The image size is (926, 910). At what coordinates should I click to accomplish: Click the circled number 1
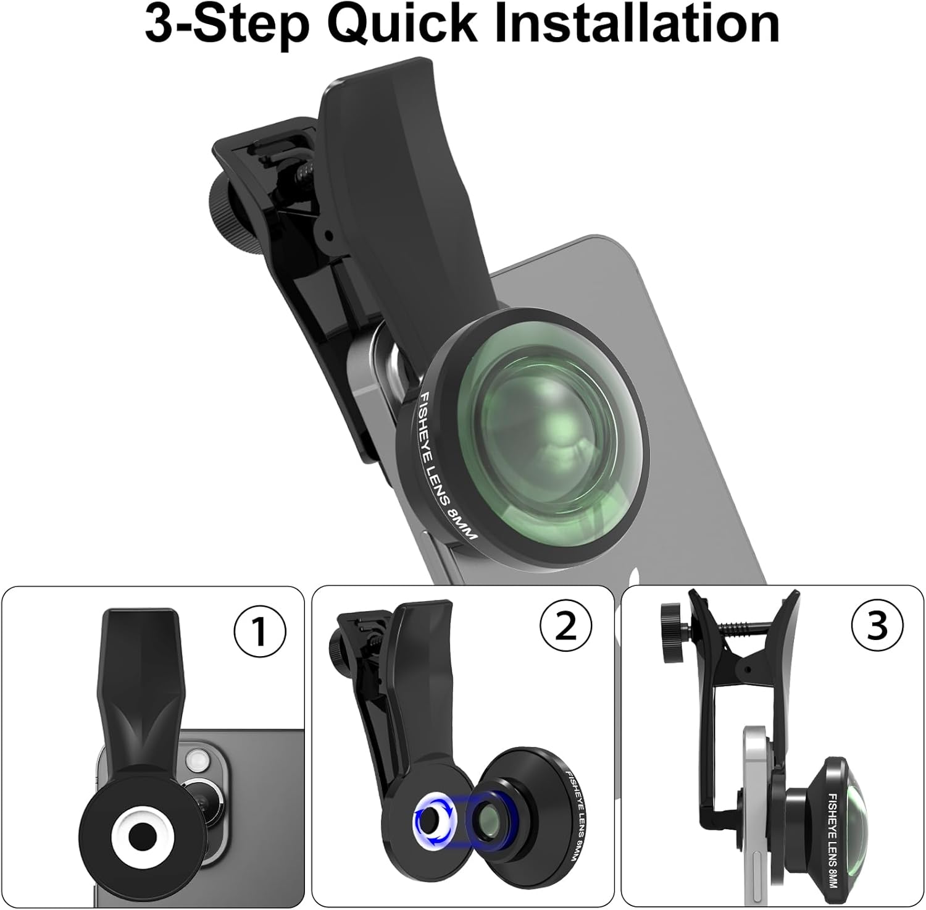[260, 632]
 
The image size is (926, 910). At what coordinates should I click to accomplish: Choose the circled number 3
[877, 626]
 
